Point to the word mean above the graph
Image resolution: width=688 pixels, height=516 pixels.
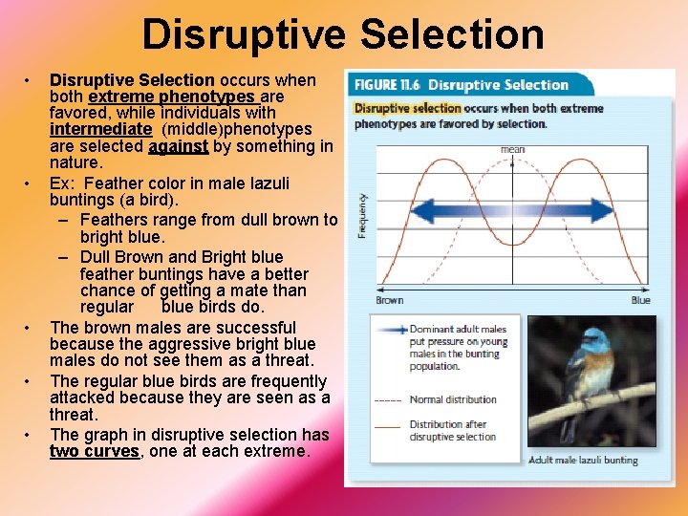(x=512, y=149)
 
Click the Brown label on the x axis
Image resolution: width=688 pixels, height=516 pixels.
(x=389, y=300)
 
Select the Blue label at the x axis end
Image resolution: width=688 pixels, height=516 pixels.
(x=640, y=300)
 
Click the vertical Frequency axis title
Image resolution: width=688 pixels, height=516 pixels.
(x=362, y=216)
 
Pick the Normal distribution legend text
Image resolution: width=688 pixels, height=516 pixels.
(x=453, y=399)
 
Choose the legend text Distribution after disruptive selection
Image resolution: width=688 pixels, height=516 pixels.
(x=453, y=431)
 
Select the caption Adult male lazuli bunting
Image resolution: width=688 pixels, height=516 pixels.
(x=583, y=461)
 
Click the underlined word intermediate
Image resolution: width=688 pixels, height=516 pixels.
(x=100, y=128)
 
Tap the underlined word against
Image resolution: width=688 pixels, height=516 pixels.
(x=178, y=146)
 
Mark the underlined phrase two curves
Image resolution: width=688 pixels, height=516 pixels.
(x=94, y=451)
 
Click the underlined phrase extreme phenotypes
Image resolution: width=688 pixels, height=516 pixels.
(x=171, y=97)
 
